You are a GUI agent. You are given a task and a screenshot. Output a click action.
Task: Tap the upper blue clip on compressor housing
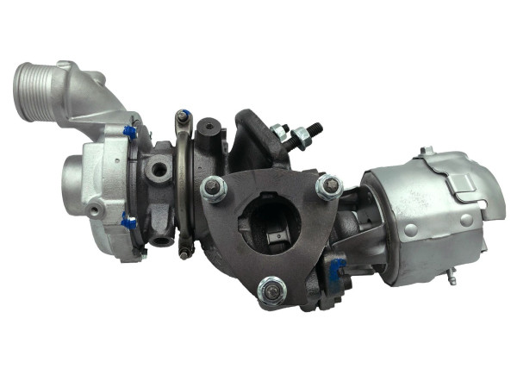[x=130, y=132]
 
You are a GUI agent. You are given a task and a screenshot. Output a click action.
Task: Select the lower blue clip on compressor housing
[x=128, y=222]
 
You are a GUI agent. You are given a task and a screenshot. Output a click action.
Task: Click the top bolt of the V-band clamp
[x=183, y=116]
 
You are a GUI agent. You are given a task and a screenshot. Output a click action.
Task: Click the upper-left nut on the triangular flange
[x=212, y=188]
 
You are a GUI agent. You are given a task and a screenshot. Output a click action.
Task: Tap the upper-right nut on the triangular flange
[x=327, y=186]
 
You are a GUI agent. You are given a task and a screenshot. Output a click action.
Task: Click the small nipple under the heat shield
[x=451, y=278]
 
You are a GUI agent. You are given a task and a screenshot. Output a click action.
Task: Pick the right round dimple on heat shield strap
[x=466, y=221]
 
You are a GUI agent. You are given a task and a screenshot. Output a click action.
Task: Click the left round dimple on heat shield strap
[x=411, y=229]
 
